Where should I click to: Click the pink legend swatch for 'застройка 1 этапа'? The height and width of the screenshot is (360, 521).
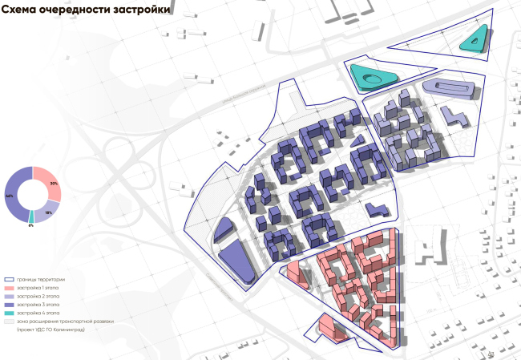pyautogui.click(x=10, y=288)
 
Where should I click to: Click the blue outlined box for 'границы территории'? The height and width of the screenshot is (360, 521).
pyautogui.click(x=10, y=279)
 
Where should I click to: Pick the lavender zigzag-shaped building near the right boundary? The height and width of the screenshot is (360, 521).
pyautogui.click(x=458, y=118)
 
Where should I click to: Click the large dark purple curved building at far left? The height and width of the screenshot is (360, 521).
pyautogui.click(x=235, y=258)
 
